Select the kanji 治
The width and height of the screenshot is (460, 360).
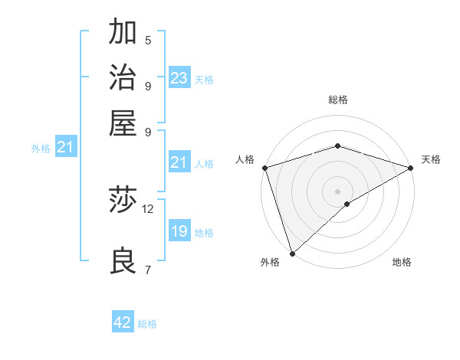123,77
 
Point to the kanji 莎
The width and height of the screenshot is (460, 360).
123,201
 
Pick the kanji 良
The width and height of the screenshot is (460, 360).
123,261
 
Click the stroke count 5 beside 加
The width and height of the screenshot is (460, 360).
148,40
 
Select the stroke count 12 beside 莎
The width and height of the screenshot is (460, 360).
148,208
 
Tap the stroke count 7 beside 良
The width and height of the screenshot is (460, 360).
148,269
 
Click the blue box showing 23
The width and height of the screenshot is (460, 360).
179,78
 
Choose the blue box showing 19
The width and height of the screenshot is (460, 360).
179,232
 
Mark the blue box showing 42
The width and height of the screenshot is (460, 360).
123,323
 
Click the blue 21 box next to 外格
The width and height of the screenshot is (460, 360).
64,148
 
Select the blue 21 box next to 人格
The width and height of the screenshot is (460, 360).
179,163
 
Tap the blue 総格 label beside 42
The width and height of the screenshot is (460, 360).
147,324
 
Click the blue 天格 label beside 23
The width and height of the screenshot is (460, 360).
204,80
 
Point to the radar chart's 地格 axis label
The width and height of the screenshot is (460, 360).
402,263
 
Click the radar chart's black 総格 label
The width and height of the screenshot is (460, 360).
337,100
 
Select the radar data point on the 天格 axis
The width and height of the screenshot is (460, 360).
411,168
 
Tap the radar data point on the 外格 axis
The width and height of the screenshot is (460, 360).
292,254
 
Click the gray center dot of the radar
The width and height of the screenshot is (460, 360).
337,191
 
